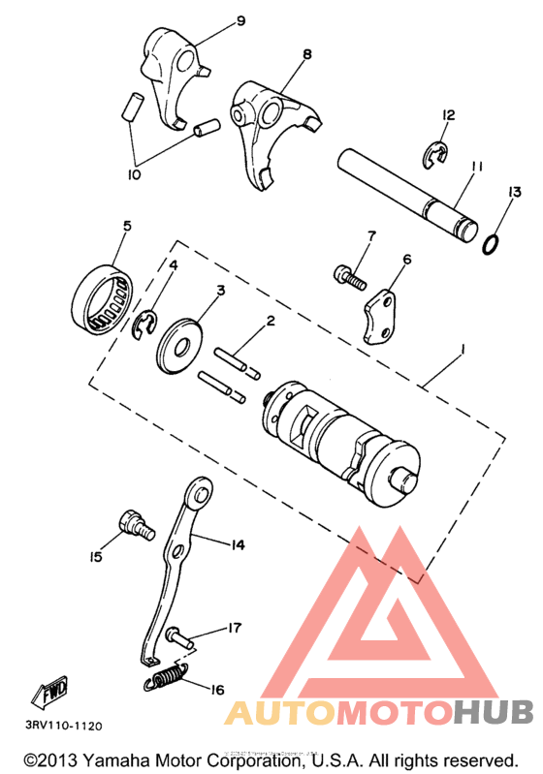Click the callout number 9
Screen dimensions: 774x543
pos(213,20)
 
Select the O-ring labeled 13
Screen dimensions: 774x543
pos(492,242)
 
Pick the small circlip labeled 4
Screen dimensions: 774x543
pos(144,325)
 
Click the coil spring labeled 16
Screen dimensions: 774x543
pos(166,678)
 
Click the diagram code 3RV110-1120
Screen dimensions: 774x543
pos(59,724)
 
